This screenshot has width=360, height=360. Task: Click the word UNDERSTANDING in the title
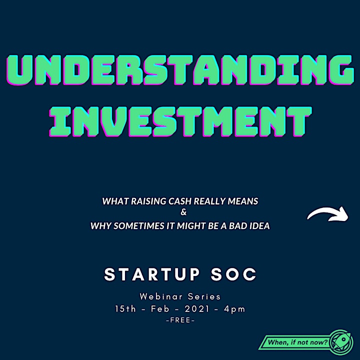180,70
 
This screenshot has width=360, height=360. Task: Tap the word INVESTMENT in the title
180,121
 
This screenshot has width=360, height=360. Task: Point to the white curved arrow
328,213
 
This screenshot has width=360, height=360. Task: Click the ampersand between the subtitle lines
183,212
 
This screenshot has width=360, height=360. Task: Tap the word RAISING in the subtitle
148,201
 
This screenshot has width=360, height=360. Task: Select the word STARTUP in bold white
152,274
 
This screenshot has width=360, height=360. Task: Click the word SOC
233,274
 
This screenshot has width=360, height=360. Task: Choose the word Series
204,296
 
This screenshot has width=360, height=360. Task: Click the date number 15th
125,309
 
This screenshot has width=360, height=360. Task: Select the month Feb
160,309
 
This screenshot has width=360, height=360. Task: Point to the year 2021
197,309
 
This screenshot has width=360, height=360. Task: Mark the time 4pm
234,309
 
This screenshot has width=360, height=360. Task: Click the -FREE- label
180,320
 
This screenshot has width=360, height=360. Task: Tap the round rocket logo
341,342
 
